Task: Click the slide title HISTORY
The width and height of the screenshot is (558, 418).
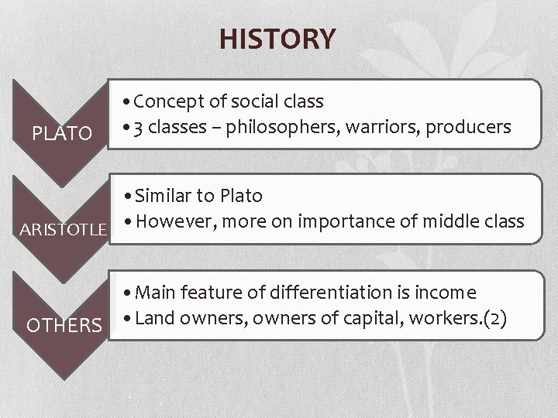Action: tap(277, 38)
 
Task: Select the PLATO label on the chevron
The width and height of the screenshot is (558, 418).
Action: tap(61, 134)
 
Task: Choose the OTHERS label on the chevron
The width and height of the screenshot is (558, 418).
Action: tap(64, 324)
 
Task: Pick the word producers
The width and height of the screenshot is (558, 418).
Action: tap(469, 126)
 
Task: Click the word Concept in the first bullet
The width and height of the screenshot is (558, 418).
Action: tap(168, 101)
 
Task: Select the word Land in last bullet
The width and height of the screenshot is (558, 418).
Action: tap(156, 317)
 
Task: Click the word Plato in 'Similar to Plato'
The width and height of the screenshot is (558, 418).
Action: tap(241, 196)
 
